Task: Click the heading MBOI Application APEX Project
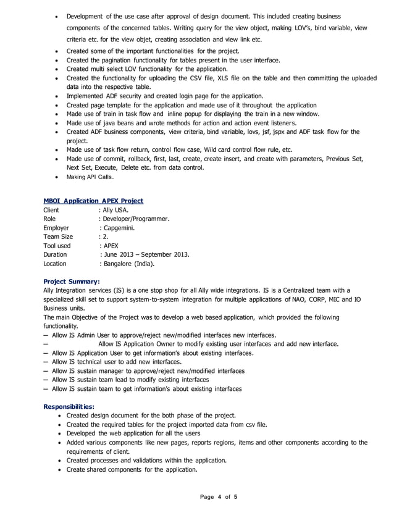(93, 201)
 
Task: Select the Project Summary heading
(67, 281)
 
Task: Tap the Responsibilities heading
(69, 406)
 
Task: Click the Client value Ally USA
(115, 210)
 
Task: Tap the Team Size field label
(58, 236)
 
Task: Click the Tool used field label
(57, 245)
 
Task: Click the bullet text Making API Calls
(90, 177)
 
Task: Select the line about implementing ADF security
(165, 96)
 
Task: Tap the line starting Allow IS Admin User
(164, 335)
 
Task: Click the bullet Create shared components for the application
(132, 469)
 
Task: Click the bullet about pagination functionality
(173, 61)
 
